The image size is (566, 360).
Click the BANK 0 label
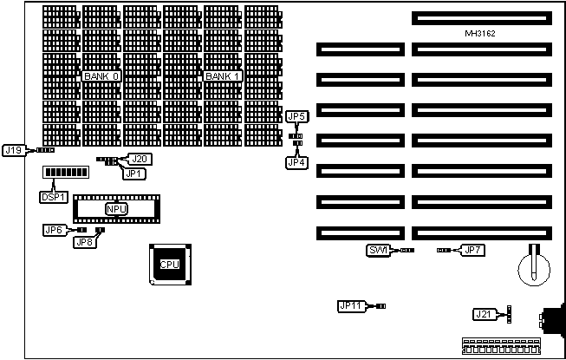tap(101, 77)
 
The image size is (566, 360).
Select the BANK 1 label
tap(222, 77)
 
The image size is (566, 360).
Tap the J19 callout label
tap(14, 150)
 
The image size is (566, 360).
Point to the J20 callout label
tap(140, 158)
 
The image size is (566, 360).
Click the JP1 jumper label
tap(133, 173)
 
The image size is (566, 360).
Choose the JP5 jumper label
tap(296, 115)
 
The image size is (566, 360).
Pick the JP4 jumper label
tap(296, 161)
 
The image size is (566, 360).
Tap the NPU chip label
tap(115, 209)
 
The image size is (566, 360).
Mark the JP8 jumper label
tap(85, 242)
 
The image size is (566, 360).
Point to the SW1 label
tap(377, 251)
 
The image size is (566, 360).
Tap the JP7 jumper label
tap(472, 251)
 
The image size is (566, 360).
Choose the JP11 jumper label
tap(351, 305)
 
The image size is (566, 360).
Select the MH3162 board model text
tap(480, 33)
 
